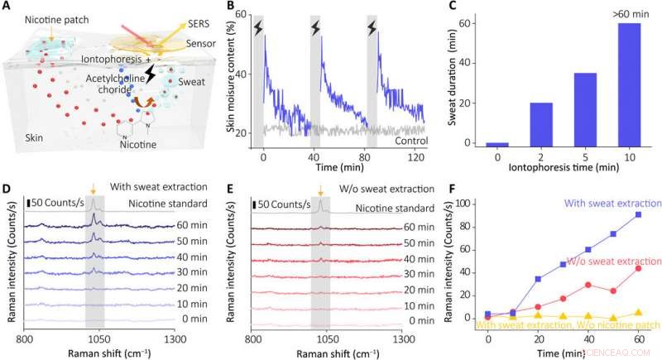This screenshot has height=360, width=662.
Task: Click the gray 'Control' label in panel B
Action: [x=410, y=142]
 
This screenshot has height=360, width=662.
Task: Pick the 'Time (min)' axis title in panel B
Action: [x=340, y=168]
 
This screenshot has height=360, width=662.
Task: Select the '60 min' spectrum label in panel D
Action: [x=194, y=225]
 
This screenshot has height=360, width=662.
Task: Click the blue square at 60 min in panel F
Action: [x=637, y=214]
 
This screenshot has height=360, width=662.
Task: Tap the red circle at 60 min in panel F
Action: [x=637, y=268]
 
